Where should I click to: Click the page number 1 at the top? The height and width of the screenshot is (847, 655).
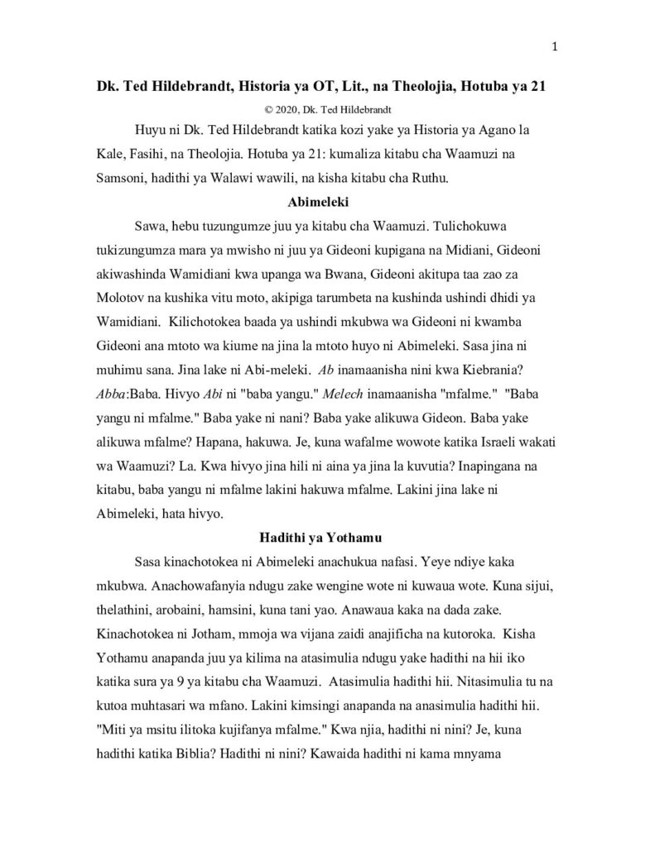point(554,46)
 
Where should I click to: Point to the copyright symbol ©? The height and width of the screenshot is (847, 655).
point(267,109)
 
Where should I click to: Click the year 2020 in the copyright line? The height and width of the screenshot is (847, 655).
point(287,109)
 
